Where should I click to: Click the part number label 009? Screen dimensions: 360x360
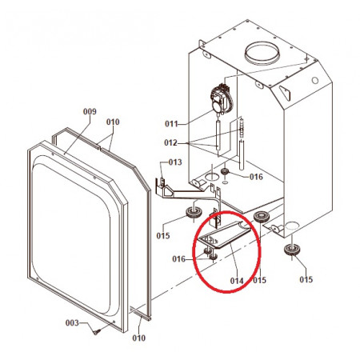pos(90,111)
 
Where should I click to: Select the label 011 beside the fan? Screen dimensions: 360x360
pos(171,124)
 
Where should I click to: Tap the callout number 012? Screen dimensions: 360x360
pos(170,142)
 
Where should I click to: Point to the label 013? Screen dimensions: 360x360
pos(175,162)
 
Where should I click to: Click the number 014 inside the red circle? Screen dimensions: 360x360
pos(237,281)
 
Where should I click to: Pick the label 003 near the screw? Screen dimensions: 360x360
pos(72,323)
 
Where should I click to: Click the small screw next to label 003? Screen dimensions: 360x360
pos(97,332)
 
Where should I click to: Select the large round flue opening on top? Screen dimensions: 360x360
pos(262,54)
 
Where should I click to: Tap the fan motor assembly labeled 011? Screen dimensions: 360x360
pos(222,98)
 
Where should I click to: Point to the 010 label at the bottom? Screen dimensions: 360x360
pos(138,338)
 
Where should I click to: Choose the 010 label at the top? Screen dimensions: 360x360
pos(113,122)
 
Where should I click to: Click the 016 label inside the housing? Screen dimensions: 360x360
pos(256,177)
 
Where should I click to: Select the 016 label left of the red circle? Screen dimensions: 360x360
pos(178,259)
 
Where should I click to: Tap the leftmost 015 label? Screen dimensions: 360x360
pos(163,236)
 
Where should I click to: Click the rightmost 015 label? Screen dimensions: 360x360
pos(306,279)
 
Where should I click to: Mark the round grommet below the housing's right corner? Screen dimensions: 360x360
pos(292,250)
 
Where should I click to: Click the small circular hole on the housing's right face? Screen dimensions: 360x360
pos(315,80)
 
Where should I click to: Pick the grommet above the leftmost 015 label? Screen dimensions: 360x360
pos(194,212)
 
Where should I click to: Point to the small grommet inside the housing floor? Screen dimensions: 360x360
pos(225,171)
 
